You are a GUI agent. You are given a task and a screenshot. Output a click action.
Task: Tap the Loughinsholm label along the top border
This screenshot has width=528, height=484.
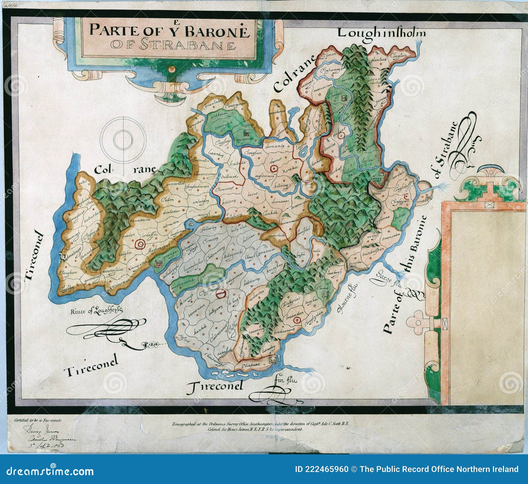coord(381,33)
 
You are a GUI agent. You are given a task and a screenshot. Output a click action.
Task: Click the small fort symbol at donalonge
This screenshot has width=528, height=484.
coord(62,255)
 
